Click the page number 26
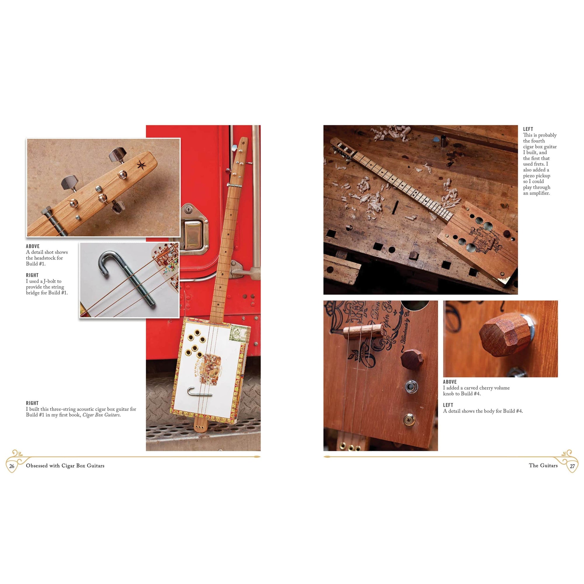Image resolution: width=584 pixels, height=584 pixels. click(12, 466)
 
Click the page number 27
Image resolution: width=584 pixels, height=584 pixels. click(572, 466)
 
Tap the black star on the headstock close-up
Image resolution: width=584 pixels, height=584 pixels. click(141, 165)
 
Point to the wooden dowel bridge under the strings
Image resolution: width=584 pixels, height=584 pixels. click(363, 331)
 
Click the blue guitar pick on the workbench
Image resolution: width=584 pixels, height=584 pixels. click(436, 139)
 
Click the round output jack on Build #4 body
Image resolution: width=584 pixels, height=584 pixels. click(410, 386)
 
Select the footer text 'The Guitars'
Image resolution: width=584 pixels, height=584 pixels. click(543, 465)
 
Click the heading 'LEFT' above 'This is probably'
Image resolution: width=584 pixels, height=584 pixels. click(528, 129)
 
